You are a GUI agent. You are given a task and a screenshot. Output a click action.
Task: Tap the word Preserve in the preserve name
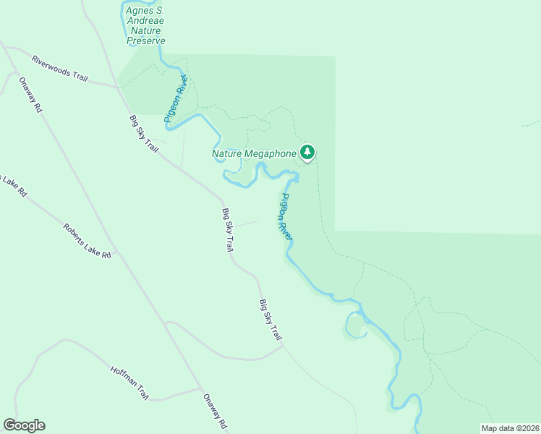point(146,41)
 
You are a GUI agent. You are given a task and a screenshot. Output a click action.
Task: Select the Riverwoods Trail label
point(59,69)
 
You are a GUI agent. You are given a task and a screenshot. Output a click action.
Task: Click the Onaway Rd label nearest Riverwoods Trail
point(30,95)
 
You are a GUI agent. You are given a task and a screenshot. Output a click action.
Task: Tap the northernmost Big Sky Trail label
point(143,133)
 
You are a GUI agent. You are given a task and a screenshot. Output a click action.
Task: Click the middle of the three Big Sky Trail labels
point(227,230)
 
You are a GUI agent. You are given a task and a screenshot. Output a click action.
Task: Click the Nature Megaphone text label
point(254,153)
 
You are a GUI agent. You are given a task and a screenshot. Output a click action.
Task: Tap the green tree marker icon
point(308,152)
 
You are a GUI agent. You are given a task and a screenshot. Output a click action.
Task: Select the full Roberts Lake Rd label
point(87,241)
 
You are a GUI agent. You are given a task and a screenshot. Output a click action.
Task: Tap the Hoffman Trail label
point(129,383)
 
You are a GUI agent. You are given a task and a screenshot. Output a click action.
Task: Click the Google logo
point(24,425)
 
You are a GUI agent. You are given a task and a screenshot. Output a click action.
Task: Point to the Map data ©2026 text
point(509,428)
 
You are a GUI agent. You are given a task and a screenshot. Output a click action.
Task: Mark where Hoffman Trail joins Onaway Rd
point(200,389)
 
